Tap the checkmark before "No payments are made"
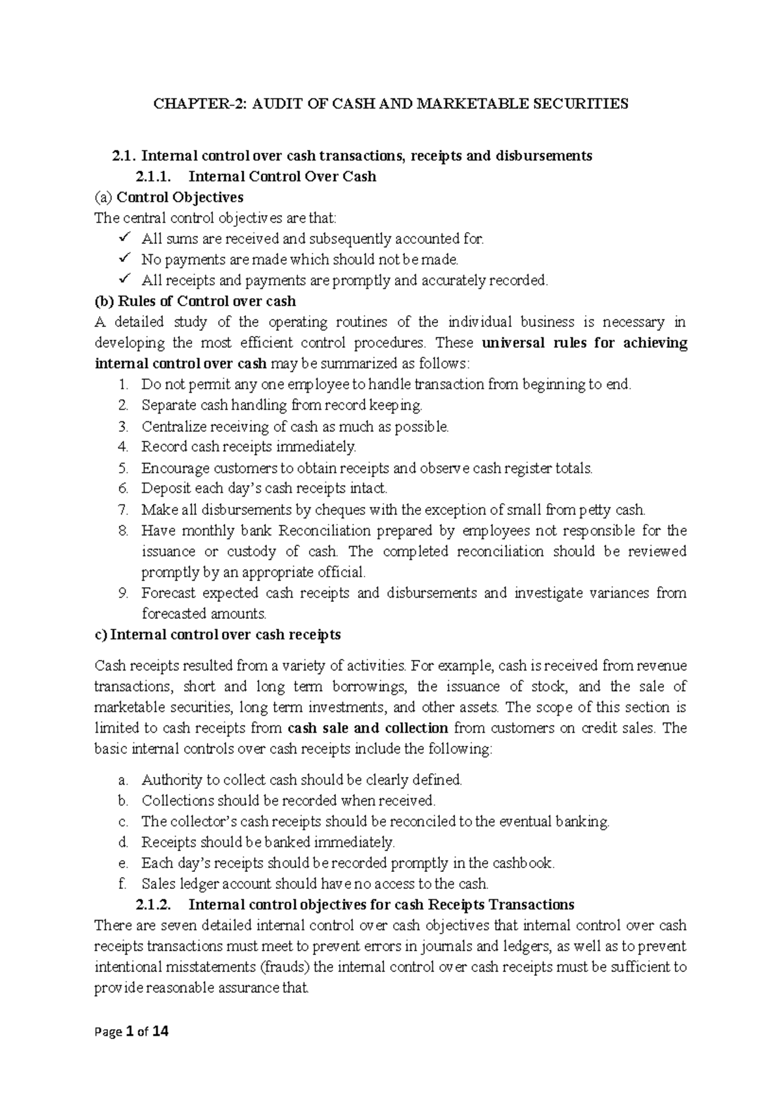point(126,259)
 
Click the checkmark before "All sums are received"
point(126,238)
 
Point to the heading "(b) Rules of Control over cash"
point(195,301)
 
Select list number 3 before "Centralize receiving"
point(124,427)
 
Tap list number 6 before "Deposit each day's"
point(124,488)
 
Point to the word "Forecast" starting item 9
point(168,593)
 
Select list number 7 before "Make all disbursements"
point(124,510)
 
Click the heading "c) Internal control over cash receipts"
point(218,635)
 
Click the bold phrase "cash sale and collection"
point(368,728)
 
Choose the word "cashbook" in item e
point(523,863)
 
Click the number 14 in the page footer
point(160,1031)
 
